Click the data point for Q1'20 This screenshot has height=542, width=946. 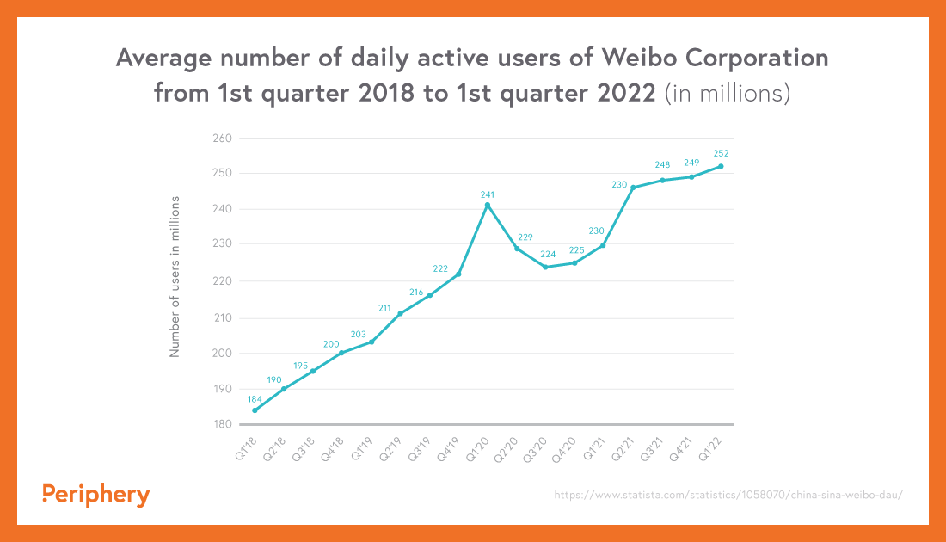click(488, 205)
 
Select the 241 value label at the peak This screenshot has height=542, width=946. click(488, 194)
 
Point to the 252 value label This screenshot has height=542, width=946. click(721, 154)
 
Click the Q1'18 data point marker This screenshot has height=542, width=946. click(255, 410)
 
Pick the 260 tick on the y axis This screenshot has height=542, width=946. click(222, 138)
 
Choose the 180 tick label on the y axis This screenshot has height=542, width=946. click(222, 424)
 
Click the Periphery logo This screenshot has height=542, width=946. click(95, 495)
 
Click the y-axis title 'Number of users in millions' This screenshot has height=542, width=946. click(175, 276)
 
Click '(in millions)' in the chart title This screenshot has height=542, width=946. click(728, 93)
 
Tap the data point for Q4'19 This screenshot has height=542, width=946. click(458, 274)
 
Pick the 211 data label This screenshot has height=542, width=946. click(385, 306)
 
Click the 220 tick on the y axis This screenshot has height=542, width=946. click(222, 281)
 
